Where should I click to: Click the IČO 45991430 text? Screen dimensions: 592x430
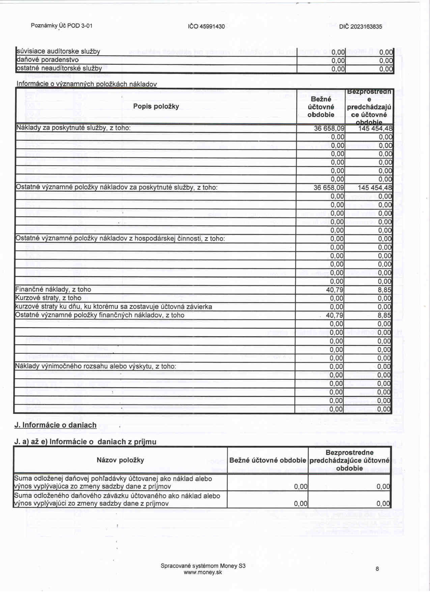point(206,26)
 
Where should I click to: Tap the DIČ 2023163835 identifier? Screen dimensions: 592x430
point(361,26)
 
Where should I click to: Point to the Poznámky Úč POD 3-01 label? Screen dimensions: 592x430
point(61,26)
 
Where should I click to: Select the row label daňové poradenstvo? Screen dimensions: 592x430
point(48,60)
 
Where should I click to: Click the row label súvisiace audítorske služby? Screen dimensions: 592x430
point(58,51)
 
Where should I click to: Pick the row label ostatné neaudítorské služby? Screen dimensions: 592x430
point(59,68)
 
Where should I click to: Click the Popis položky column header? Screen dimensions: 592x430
point(156,106)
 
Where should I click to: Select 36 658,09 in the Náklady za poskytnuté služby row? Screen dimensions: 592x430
point(329,128)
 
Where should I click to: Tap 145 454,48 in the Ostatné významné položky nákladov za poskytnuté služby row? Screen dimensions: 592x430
point(375,188)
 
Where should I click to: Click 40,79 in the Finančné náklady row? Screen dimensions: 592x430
point(335,290)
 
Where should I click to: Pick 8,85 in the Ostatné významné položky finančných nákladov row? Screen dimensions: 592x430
point(384,315)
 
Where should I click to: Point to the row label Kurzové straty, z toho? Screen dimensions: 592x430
point(48,298)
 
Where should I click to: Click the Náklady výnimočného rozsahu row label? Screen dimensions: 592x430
point(95,366)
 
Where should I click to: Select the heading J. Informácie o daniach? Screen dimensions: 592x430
point(55,425)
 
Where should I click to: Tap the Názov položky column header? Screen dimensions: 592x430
point(120,460)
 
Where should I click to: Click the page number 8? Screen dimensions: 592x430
point(377,569)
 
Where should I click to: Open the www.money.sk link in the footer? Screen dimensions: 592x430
point(203,572)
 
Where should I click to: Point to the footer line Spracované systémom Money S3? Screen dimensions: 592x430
point(203,566)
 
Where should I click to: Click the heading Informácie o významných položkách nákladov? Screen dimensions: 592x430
point(87,84)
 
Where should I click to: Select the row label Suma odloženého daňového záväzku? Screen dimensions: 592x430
point(117,500)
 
